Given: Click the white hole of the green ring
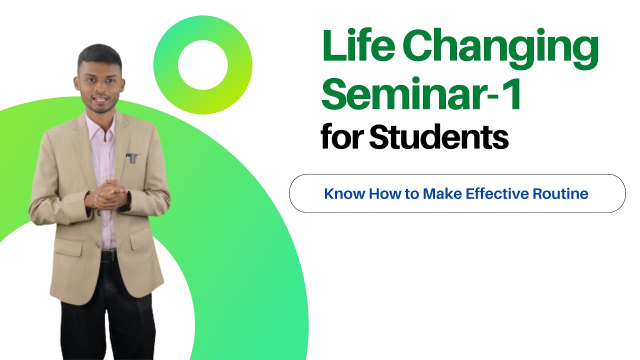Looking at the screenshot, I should (x=202, y=65).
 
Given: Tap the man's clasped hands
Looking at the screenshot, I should (x=106, y=195).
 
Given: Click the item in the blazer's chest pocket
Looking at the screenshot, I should (x=131, y=158).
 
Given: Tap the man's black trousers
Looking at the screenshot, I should (x=107, y=320).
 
